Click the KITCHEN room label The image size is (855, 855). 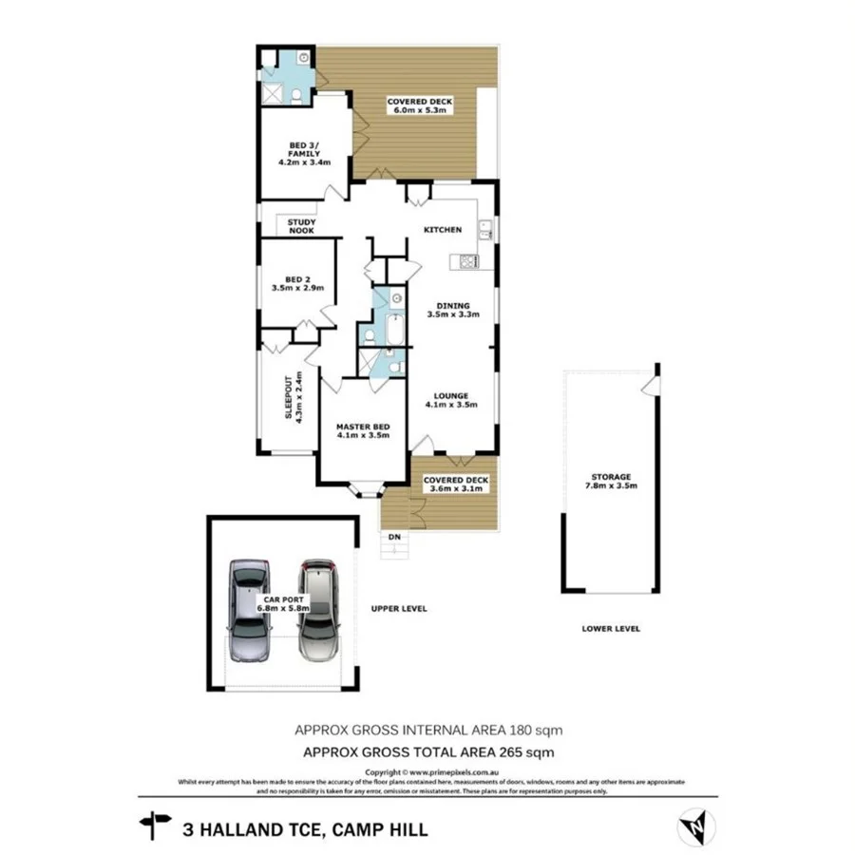[x=443, y=230]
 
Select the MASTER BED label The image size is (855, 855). [x=363, y=427]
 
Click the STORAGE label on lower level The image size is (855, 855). [x=610, y=477]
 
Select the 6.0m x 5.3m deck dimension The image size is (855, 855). [x=419, y=110]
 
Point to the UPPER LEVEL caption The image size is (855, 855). [x=400, y=609]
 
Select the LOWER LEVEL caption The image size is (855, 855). [x=611, y=628]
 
